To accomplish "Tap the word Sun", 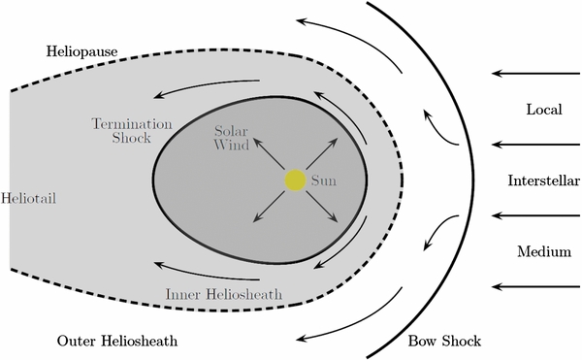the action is pos(323,180).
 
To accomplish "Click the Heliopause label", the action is pos(80,49).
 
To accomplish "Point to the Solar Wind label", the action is pos(232,137).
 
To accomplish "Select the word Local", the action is pos(544,110).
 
